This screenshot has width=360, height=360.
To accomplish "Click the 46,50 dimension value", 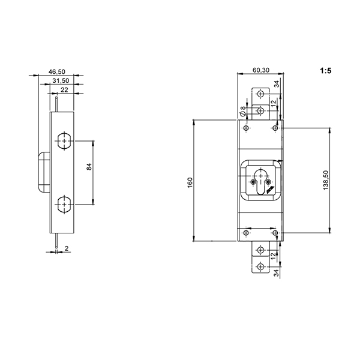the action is (x=57, y=71).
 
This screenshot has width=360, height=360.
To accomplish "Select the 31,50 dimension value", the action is (x=61, y=80).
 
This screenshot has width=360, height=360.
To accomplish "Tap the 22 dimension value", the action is (x=64, y=89).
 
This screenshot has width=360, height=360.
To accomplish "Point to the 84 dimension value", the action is (x=89, y=166).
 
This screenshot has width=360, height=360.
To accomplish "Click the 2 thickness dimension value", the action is (x=67, y=248).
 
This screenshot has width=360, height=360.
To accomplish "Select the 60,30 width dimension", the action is (x=261, y=70).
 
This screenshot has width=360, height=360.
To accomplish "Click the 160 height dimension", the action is (x=190, y=183).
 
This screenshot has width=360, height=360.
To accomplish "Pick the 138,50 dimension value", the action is (x=326, y=180).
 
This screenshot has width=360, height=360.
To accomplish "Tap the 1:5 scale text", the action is (x=326, y=71).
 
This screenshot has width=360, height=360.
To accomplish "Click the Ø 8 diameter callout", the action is (x=242, y=110).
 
